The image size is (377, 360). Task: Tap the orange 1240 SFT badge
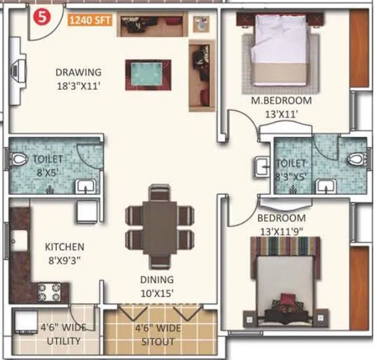click(x=89, y=19)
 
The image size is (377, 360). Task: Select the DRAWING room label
click(x=78, y=72)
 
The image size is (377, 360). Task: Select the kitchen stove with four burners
click(x=49, y=291)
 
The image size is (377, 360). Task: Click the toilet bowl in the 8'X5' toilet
click(x=19, y=160)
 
